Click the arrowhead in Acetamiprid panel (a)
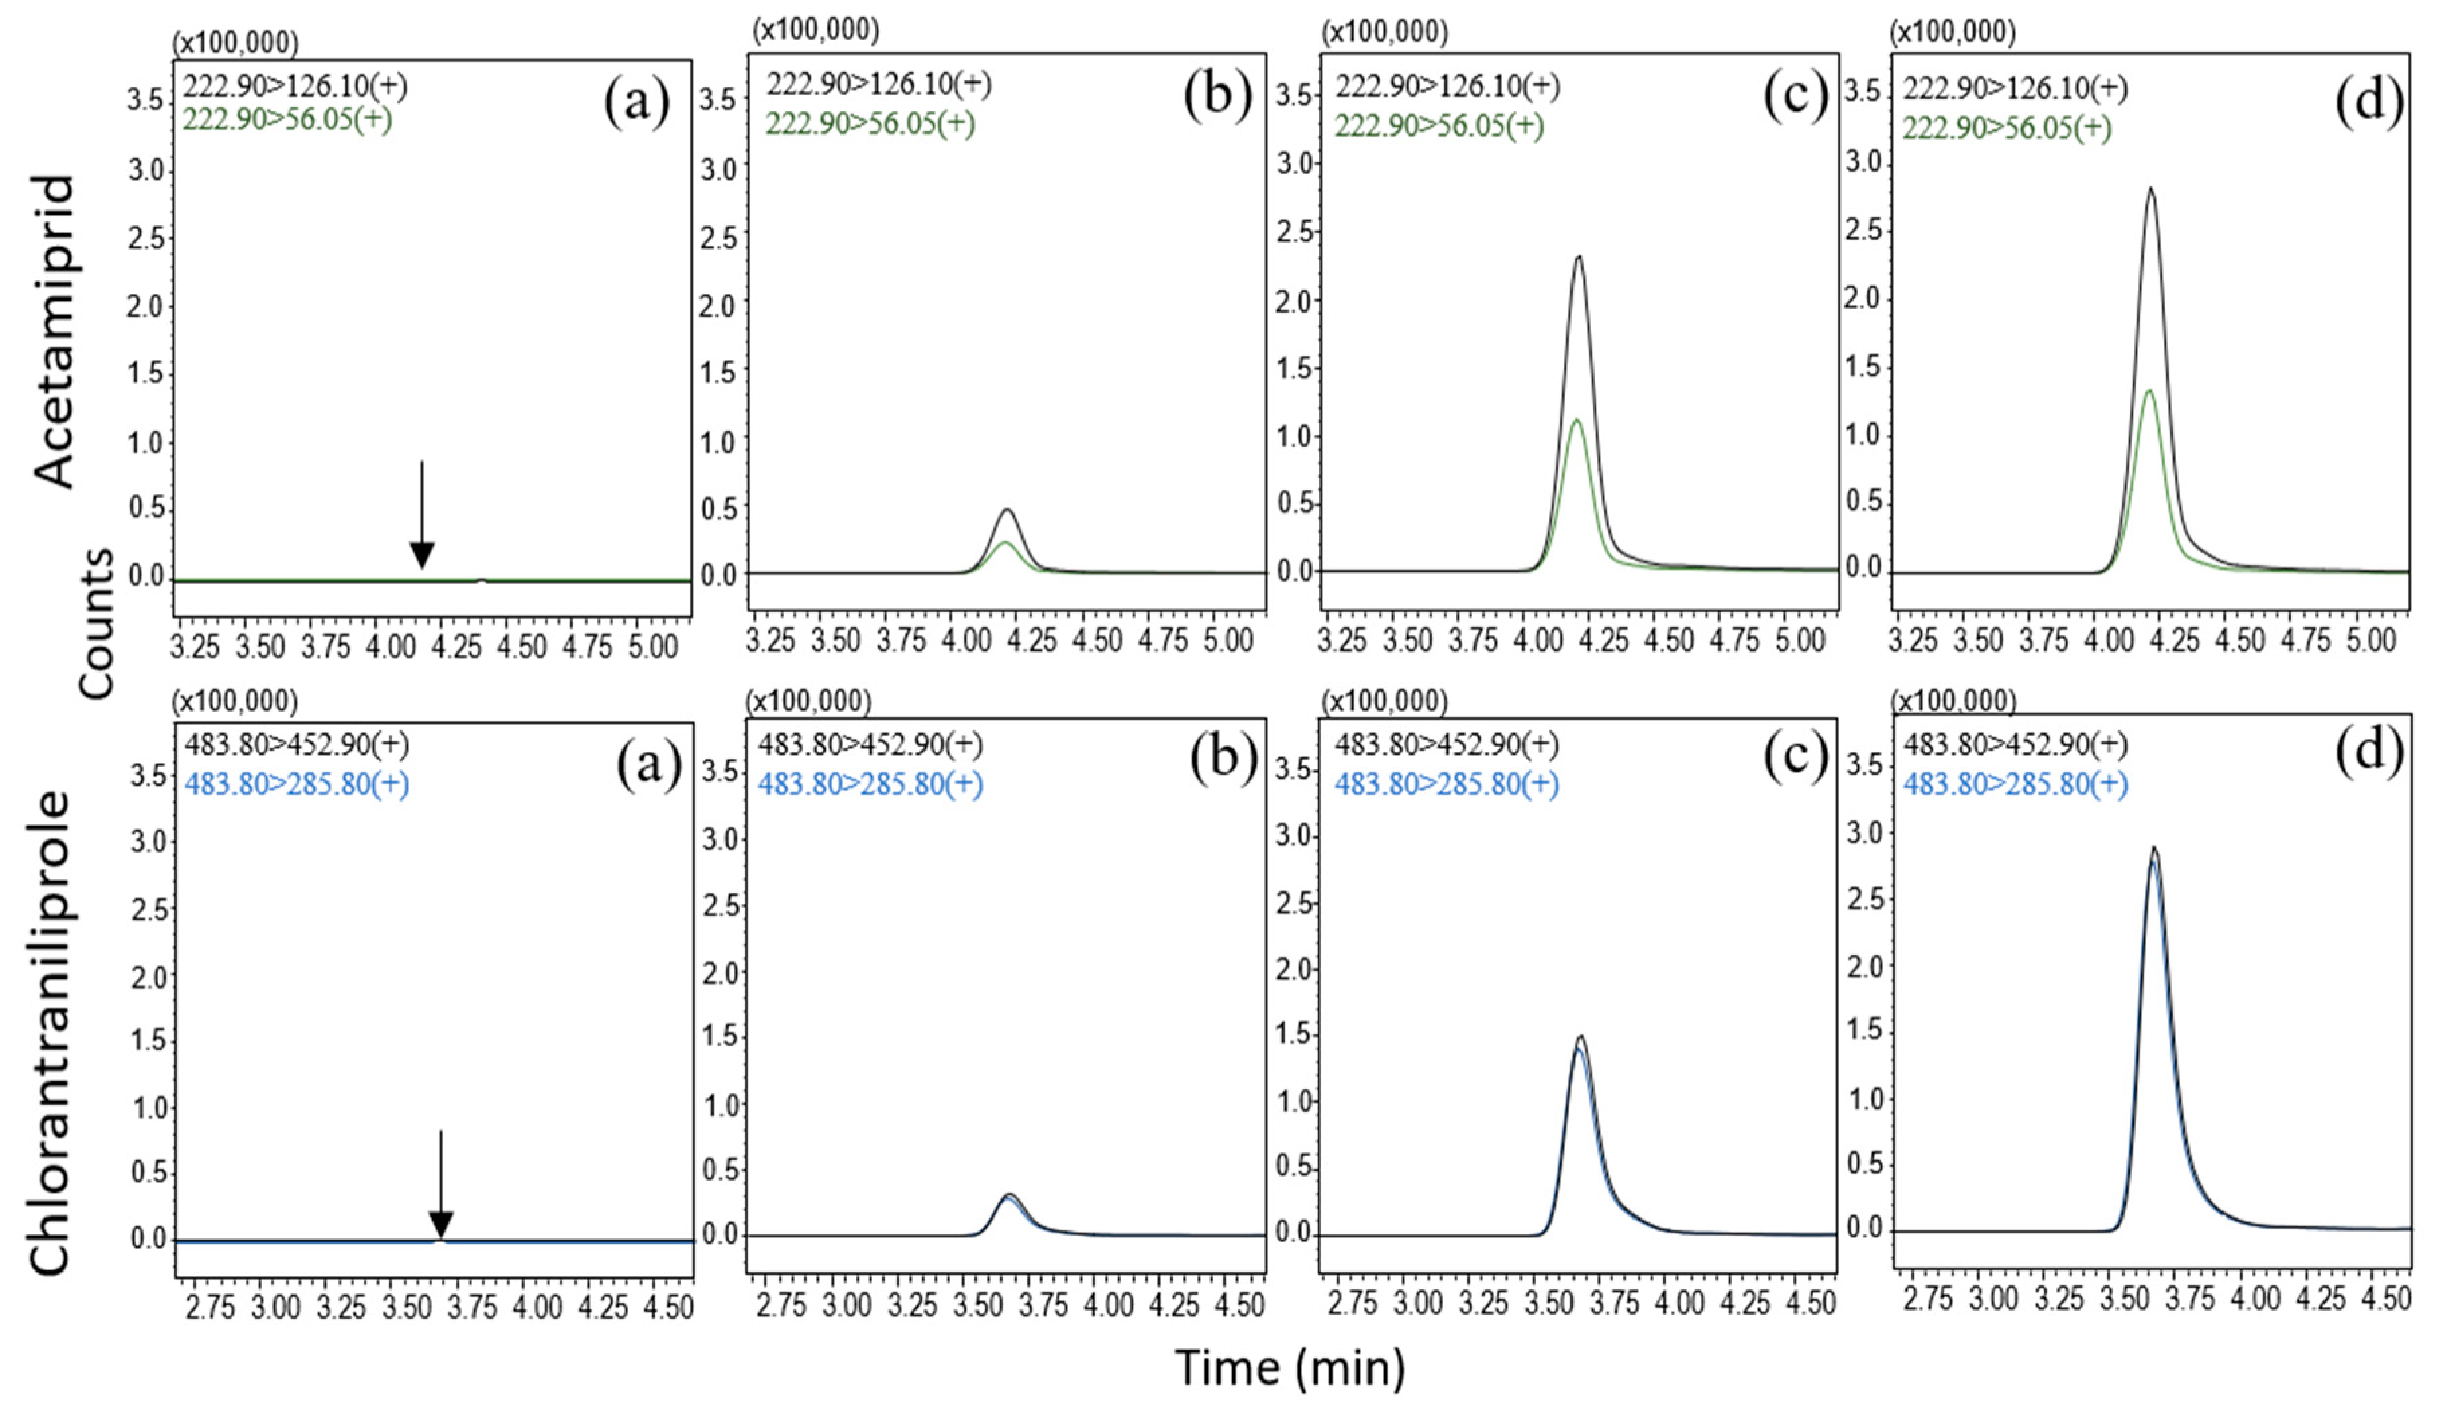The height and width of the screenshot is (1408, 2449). tap(421, 556)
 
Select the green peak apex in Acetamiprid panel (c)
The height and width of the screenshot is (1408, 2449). tap(1577, 421)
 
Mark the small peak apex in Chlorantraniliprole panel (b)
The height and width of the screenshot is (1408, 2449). tap(1009, 1195)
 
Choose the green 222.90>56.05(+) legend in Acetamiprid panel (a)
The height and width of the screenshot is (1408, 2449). tap(287, 120)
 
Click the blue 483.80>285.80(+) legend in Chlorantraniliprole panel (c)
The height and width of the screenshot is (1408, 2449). tap(1447, 783)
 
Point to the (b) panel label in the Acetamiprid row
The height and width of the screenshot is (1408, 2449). tap(1217, 99)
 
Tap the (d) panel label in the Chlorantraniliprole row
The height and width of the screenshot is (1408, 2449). tap(2368, 756)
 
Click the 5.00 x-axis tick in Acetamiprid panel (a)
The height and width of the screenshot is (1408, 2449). tap(653, 646)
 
